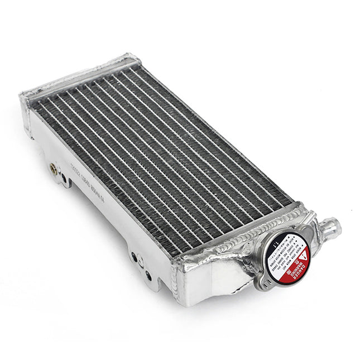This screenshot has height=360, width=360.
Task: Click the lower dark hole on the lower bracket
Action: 148,274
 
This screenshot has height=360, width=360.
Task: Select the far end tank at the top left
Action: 78,78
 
